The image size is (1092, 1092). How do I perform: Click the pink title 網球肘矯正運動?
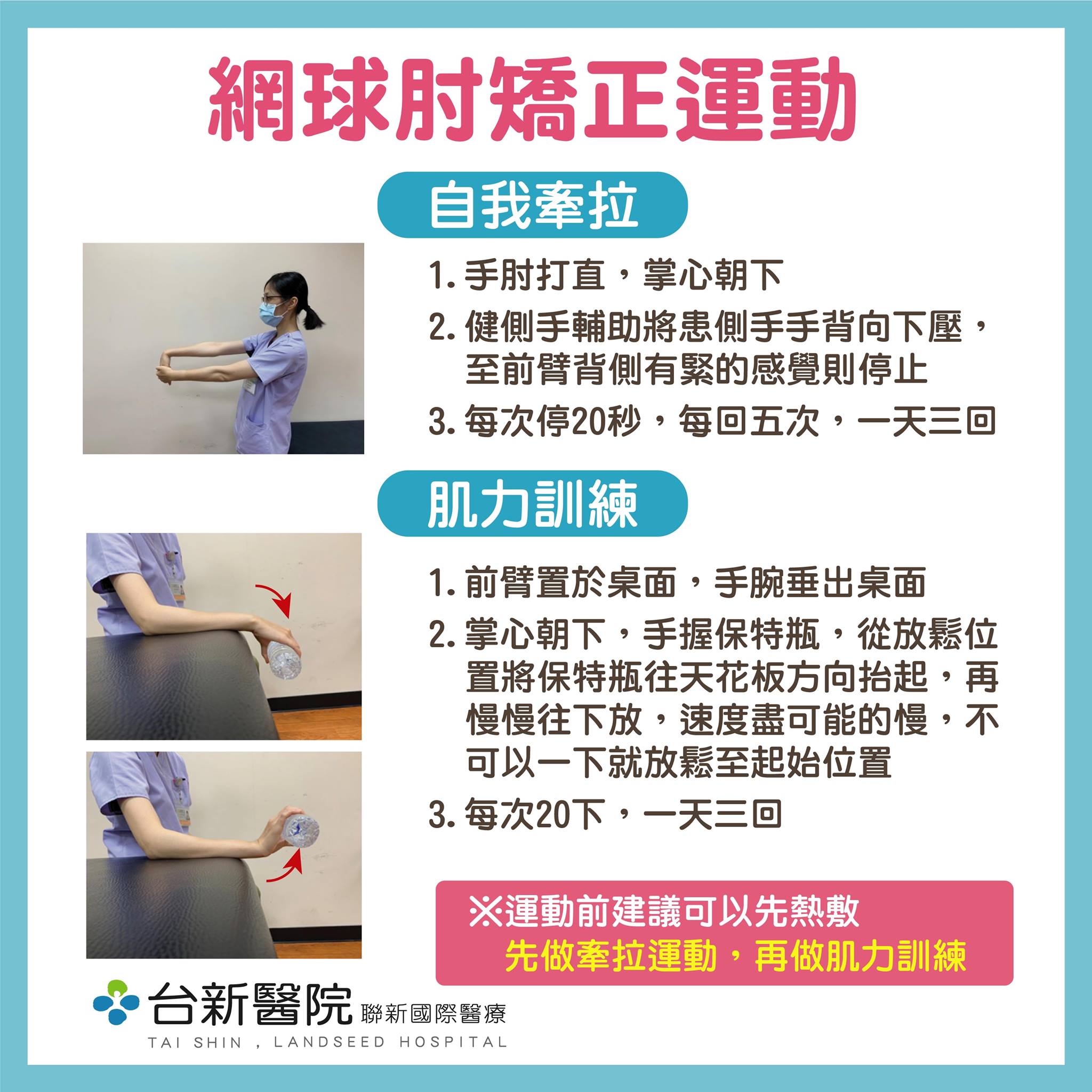531,100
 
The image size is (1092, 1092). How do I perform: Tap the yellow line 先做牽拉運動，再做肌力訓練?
735,955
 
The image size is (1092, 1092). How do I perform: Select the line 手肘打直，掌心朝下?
605,276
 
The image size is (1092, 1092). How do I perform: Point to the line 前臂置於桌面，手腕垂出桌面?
677,583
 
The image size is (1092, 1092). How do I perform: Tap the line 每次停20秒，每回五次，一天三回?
712,421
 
